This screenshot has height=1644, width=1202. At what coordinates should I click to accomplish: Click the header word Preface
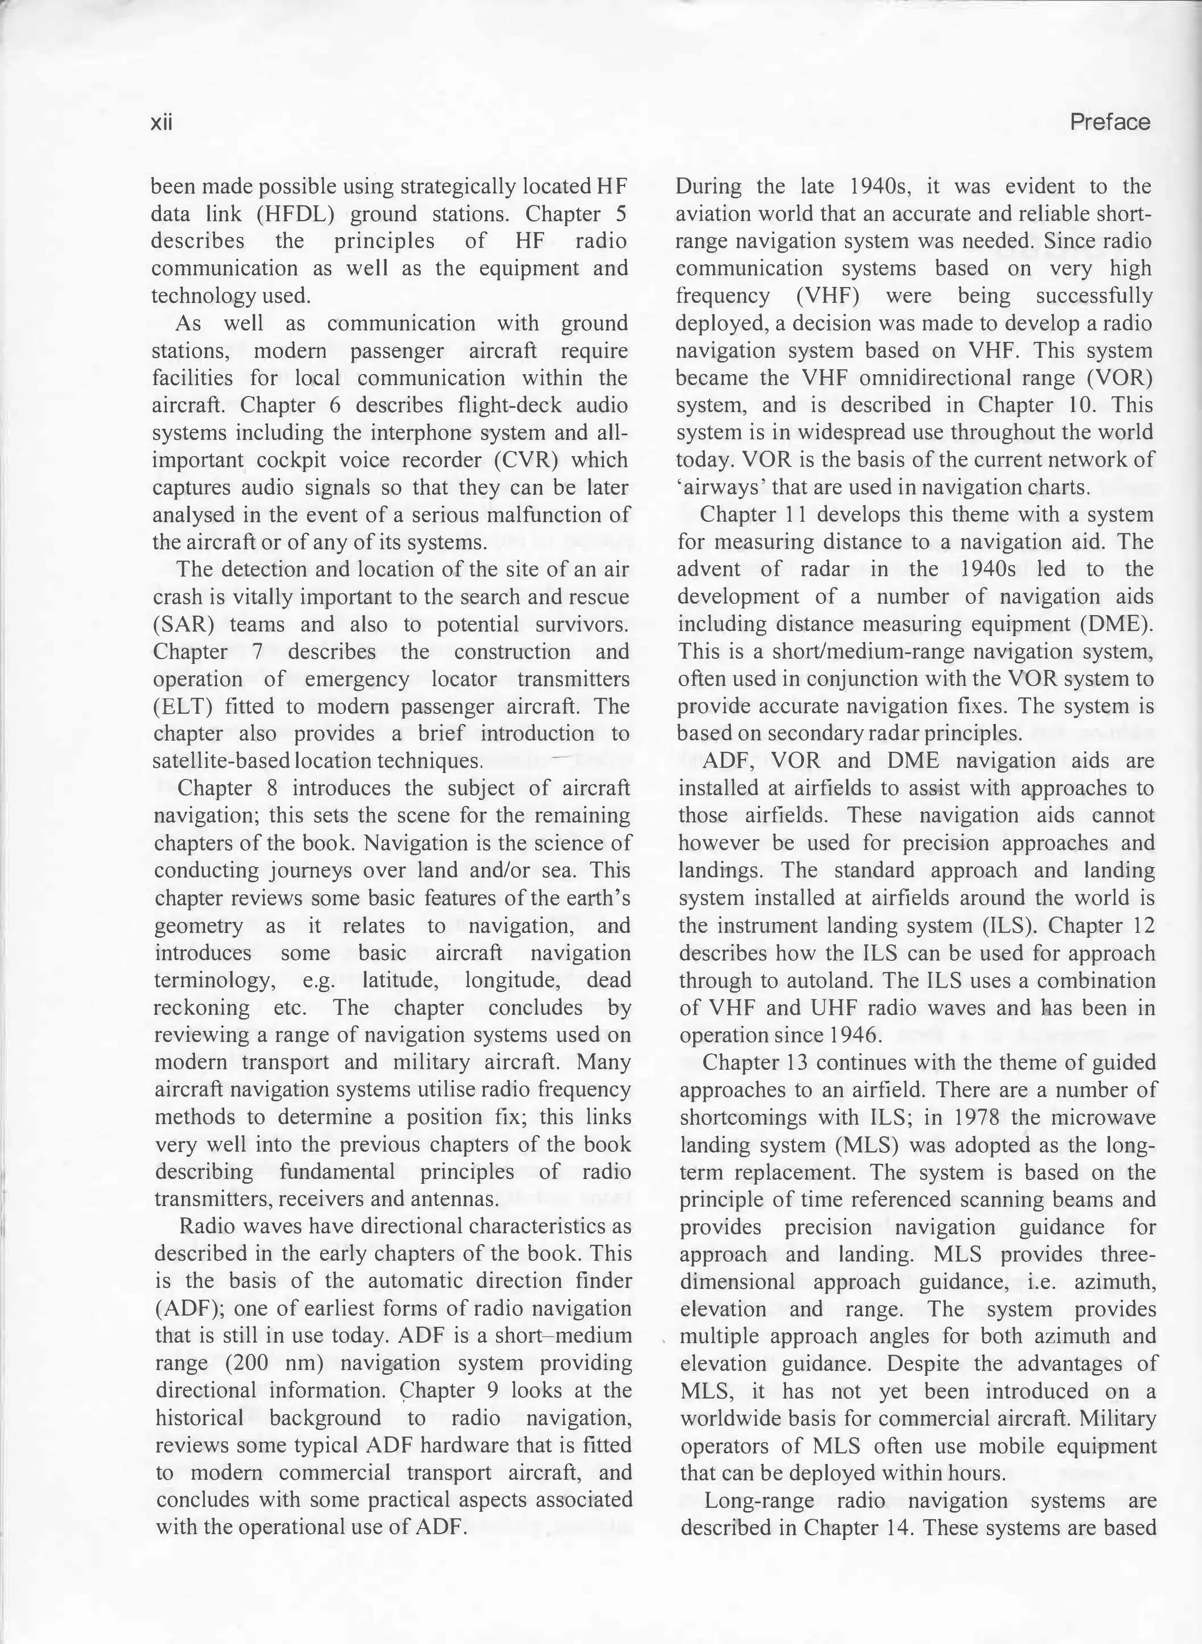pos(1110,121)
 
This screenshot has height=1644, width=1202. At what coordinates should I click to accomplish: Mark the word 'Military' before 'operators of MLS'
pos(1117,1419)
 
